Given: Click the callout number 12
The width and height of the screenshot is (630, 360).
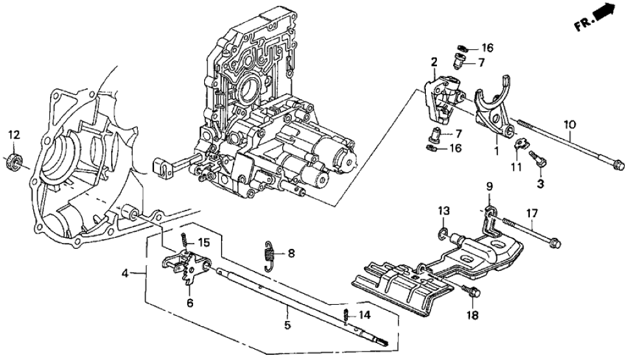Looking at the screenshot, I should pyautogui.click(x=14, y=135).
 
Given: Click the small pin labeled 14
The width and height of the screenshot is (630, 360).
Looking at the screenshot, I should pyautogui.click(x=347, y=316).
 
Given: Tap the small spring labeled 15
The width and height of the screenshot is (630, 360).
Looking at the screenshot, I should pyautogui.click(x=185, y=241).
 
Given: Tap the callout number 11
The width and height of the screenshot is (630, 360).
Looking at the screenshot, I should pyautogui.click(x=516, y=167).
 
